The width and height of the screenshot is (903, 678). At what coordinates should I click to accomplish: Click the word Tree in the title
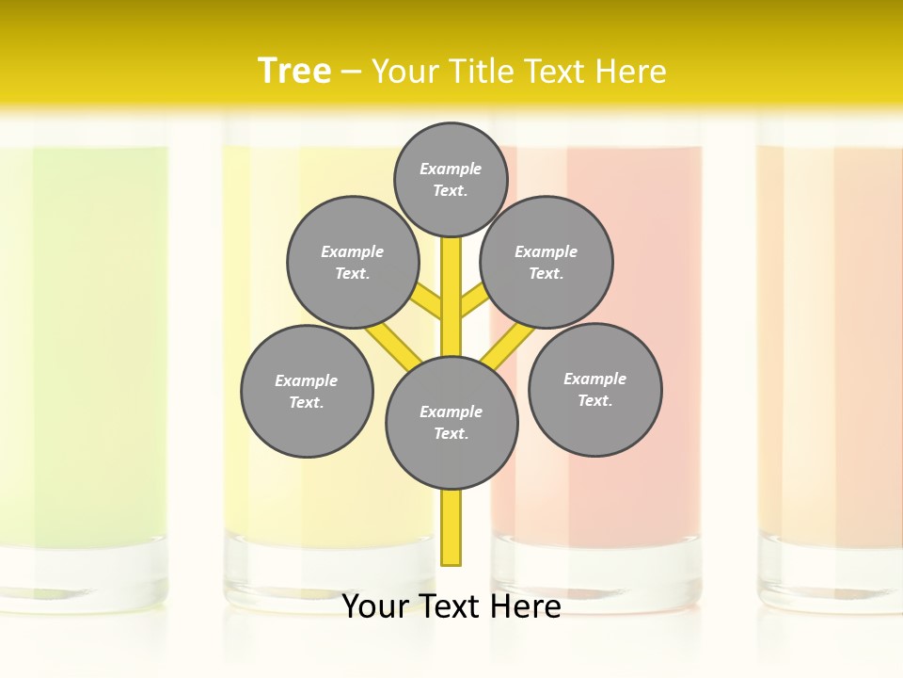tap(294, 71)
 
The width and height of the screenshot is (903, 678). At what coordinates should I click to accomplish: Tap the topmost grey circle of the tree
tap(451, 179)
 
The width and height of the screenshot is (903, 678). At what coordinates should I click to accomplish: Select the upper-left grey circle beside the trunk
tap(352, 262)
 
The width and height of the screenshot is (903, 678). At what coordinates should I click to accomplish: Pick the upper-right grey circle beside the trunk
tap(547, 262)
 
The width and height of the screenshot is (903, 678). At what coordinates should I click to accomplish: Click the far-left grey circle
tap(307, 391)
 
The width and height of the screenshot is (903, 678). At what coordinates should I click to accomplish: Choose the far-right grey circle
tap(594, 389)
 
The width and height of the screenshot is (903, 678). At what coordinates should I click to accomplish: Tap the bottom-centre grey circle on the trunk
tap(451, 422)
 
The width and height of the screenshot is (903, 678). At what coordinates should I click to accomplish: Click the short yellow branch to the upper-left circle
tap(426, 300)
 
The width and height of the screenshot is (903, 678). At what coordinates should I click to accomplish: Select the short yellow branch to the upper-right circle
tap(475, 301)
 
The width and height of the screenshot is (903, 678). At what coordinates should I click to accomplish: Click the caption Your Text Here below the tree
tap(451, 606)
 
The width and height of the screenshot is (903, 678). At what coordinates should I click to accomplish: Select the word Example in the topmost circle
tap(451, 169)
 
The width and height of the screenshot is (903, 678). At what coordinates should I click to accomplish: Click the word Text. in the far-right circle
tap(594, 400)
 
